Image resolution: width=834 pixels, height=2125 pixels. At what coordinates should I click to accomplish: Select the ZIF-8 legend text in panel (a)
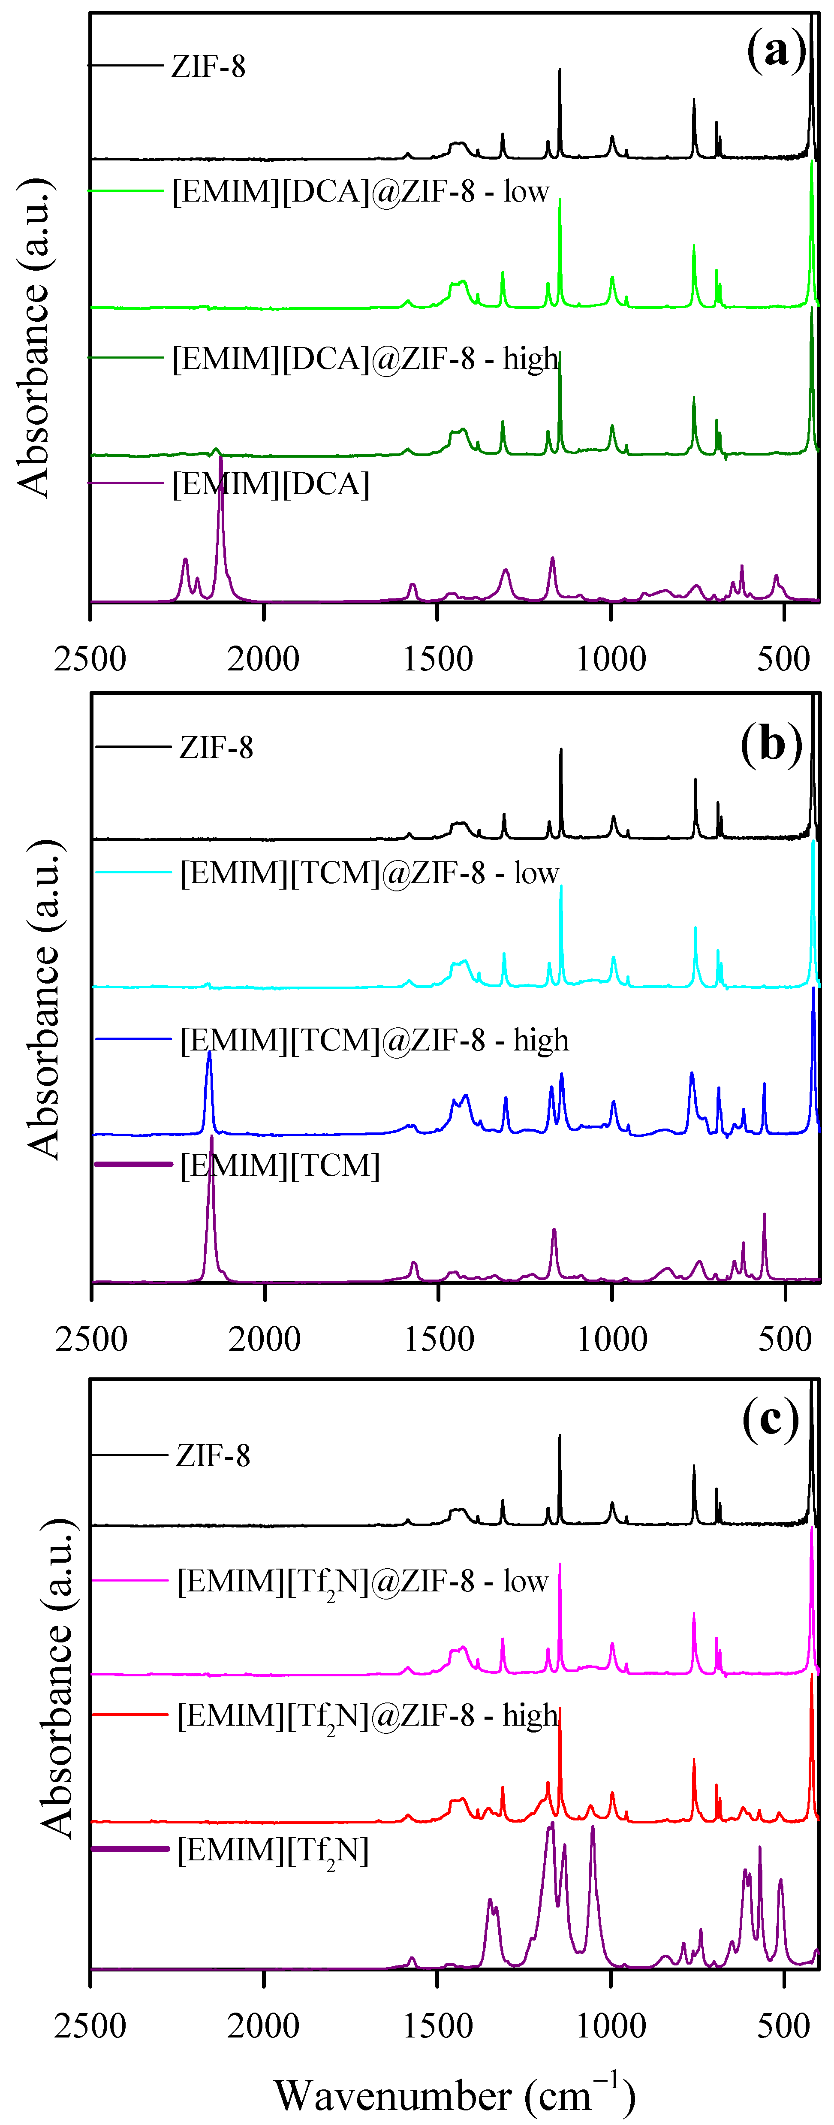208,66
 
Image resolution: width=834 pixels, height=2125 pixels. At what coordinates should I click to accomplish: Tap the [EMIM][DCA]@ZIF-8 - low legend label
361,191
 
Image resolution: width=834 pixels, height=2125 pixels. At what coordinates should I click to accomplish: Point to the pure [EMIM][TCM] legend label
280,1165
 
